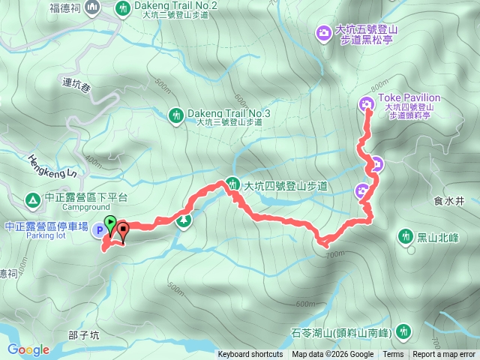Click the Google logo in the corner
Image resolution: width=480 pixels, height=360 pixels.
point(28,349)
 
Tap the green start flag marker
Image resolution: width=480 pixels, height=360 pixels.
point(109,223)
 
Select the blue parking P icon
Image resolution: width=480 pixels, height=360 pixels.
point(100,231)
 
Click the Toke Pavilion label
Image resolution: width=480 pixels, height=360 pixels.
point(409,97)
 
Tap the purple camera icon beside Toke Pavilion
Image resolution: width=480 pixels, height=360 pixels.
point(367,103)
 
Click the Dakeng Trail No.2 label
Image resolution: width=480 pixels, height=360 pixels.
point(178,6)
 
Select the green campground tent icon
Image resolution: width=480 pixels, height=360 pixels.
point(32,200)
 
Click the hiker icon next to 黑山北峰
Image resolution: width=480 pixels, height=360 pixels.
point(406,236)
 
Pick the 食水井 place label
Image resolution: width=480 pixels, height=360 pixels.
point(449,201)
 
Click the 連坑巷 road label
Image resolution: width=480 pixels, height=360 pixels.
point(76,88)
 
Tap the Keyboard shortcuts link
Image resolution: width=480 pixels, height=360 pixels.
point(250,355)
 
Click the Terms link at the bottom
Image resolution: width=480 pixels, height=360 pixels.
point(393,355)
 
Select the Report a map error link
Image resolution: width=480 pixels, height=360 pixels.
point(445,355)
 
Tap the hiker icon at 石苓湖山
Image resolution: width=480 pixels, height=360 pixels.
point(404,331)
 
